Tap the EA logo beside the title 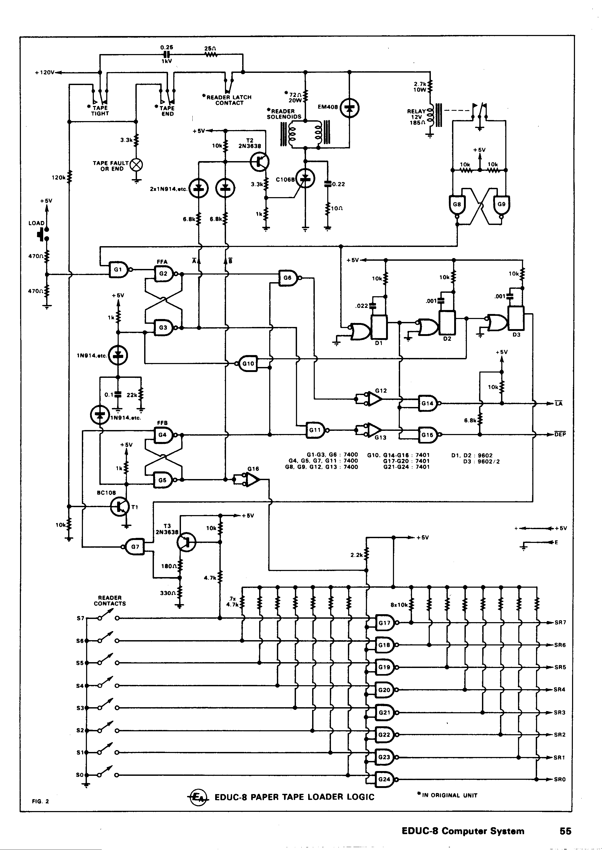(x=199, y=797)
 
